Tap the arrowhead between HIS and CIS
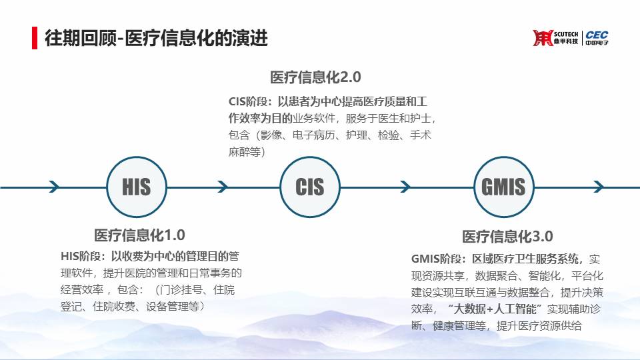coord(223,187)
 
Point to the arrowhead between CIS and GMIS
coord(405,187)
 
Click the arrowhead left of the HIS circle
coord(54,187)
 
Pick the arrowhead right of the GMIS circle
coord(599,187)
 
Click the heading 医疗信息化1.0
coord(139,235)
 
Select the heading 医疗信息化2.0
coord(315,77)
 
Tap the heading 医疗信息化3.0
coord(507,236)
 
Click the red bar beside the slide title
coord(35,38)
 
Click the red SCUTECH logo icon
coord(543,38)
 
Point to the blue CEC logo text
coord(597,35)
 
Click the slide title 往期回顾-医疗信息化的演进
coord(156,38)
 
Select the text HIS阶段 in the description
coord(81,256)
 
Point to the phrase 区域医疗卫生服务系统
coord(525,259)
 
